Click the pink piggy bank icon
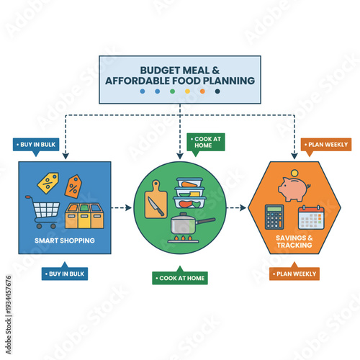(294, 187)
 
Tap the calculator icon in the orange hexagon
(274, 217)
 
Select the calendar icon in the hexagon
(312, 217)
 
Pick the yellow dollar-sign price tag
(48, 183)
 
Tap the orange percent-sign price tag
(73, 186)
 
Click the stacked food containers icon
(189, 193)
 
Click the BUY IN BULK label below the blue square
(66, 274)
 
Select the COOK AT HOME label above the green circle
(207, 142)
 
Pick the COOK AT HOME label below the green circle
(180, 278)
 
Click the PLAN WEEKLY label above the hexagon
(326, 145)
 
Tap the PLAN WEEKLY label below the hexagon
(294, 274)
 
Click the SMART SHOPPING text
(65, 240)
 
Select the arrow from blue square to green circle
(122, 207)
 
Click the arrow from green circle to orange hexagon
(237, 208)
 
